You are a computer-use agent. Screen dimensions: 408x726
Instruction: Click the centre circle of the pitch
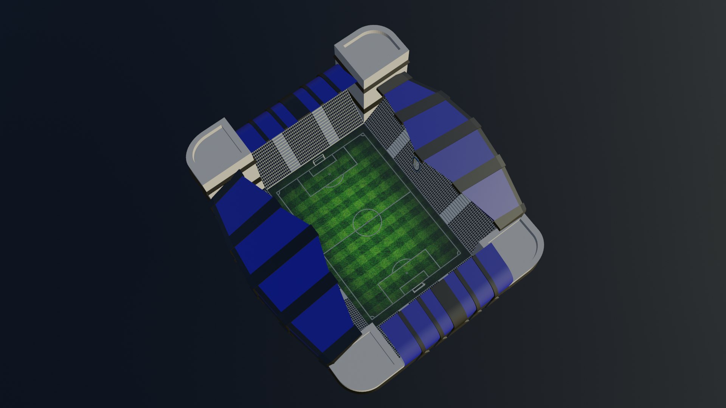pyautogui.click(x=367, y=223)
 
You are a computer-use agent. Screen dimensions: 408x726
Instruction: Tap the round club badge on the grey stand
pyautogui.click(x=416, y=165)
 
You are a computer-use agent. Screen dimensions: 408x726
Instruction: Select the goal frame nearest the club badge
pyautogui.click(x=319, y=160)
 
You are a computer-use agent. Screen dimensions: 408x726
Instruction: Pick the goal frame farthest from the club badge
pyautogui.click(x=419, y=288)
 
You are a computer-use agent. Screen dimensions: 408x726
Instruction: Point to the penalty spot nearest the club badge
pyautogui.click(x=329, y=174)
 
